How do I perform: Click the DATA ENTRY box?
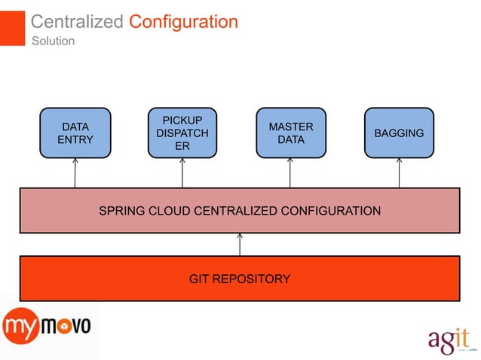coord(75,133)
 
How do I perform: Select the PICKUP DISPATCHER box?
coord(182,133)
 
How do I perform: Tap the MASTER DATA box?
coord(290,133)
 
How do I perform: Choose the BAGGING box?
coord(399,133)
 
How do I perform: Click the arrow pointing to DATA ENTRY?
coord(75,173)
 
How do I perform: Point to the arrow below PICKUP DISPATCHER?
coord(182,173)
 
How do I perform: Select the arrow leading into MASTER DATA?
coord(290,173)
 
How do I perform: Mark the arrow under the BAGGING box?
coord(399,173)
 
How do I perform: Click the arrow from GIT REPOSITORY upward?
coord(240,244)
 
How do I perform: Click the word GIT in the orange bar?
coord(200,279)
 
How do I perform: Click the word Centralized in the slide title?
coord(77,22)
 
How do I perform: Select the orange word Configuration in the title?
coord(183,22)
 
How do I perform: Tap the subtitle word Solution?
coord(53,41)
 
